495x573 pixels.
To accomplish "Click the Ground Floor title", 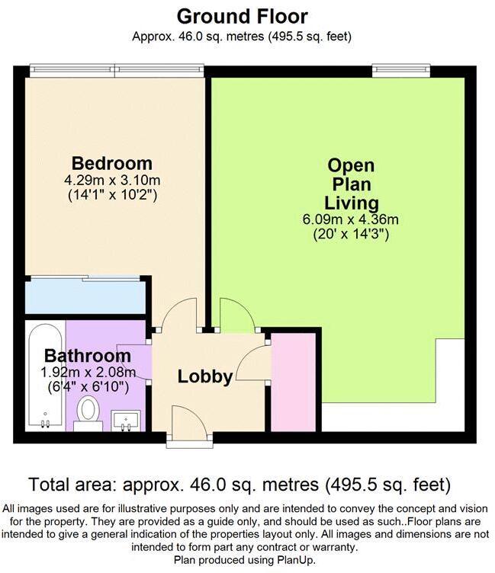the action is point(243,17).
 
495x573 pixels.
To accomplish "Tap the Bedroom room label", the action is point(112,163).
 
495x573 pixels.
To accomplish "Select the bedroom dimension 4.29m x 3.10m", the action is point(112,180).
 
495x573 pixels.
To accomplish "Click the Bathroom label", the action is point(88,356).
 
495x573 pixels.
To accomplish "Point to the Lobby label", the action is point(205,376).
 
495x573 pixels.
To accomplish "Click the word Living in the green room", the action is point(352,203).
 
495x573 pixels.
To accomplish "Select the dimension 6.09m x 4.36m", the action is point(351,219).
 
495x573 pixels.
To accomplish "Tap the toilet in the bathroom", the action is point(88,413).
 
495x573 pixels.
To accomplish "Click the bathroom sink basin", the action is point(126,421).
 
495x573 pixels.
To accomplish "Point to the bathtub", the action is point(45,376).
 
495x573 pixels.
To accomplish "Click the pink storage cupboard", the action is point(294,382).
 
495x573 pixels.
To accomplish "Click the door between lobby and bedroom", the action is point(179,313).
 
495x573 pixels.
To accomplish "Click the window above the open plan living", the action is point(401,71).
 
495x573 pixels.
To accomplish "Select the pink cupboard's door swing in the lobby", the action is point(252,363).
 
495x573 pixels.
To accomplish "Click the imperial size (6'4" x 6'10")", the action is point(88,387).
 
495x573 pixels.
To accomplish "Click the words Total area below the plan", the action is point(75,485).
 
